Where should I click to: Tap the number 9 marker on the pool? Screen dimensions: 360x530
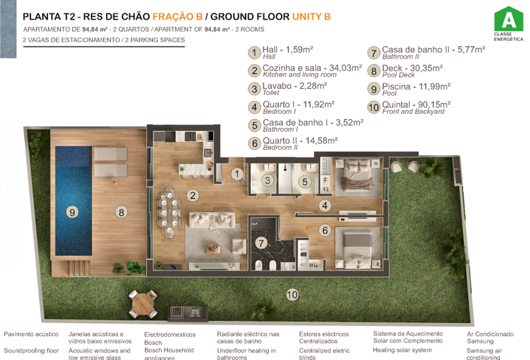72,212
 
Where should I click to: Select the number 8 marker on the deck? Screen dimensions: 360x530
121,212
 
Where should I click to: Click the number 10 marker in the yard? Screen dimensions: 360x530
291,294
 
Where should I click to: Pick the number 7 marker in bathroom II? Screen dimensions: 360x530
261,243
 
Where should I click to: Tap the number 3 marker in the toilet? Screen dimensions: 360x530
268,181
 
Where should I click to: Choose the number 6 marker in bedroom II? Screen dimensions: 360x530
324,230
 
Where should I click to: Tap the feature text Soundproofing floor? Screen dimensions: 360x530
32,350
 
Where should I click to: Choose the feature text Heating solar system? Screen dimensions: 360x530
402,350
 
